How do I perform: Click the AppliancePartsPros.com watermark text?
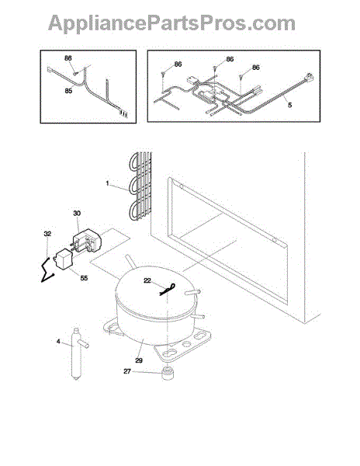(x=171, y=23)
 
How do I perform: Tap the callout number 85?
(x=68, y=91)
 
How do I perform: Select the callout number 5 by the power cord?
(x=289, y=105)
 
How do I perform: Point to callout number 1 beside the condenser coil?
(x=107, y=183)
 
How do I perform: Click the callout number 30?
(x=77, y=213)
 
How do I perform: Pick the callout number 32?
(x=47, y=234)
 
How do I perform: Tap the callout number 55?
(x=84, y=278)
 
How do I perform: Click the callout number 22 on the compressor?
(x=147, y=280)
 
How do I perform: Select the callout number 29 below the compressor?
(x=139, y=360)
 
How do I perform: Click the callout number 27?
(x=127, y=371)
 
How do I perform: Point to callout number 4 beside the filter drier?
(x=58, y=342)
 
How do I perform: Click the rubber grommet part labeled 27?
(x=168, y=374)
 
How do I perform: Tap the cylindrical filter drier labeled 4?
(x=77, y=353)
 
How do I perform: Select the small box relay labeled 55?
(x=63, y=259)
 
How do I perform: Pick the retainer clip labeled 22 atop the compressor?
(x=168, y=290)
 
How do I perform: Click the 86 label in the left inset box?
(x=68, y=58)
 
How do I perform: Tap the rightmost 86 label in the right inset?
(x=255, y=68)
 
